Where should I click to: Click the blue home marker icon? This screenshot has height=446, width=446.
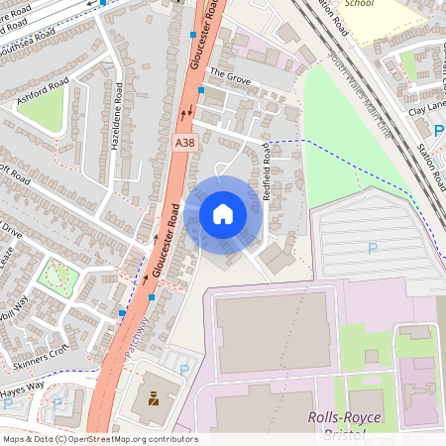pyautogui.click(x=223, y=213)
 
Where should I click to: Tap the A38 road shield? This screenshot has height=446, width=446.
pyautogui.click(x=183, y=143)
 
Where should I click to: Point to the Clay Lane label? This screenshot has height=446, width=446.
pyautogui.click(x=427, y=112)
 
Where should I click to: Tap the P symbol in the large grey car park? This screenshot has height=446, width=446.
pyautogui.click(x=373, y=249)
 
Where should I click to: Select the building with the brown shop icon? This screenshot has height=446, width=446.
pyautogui.click(x=155, y=398)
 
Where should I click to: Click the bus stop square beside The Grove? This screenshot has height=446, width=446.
pyautogui.click(x=201, y=90)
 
